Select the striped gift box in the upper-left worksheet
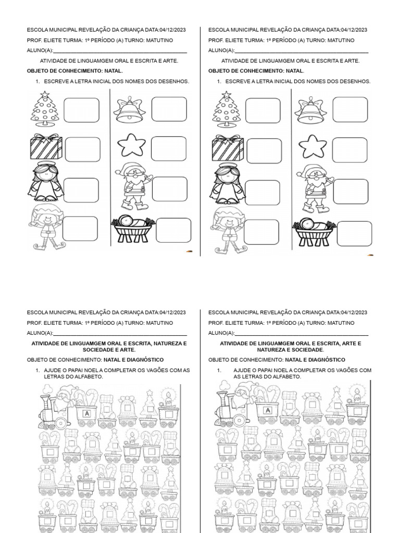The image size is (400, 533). coord(45,147)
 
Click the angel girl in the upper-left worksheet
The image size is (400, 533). coord(45,182)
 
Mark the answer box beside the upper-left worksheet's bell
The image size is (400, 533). coord(169,109)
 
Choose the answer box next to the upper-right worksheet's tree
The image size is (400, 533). coord(262,110)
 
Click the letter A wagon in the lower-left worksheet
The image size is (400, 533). coord(87,413)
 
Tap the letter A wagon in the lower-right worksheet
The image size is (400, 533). coord(267,411)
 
